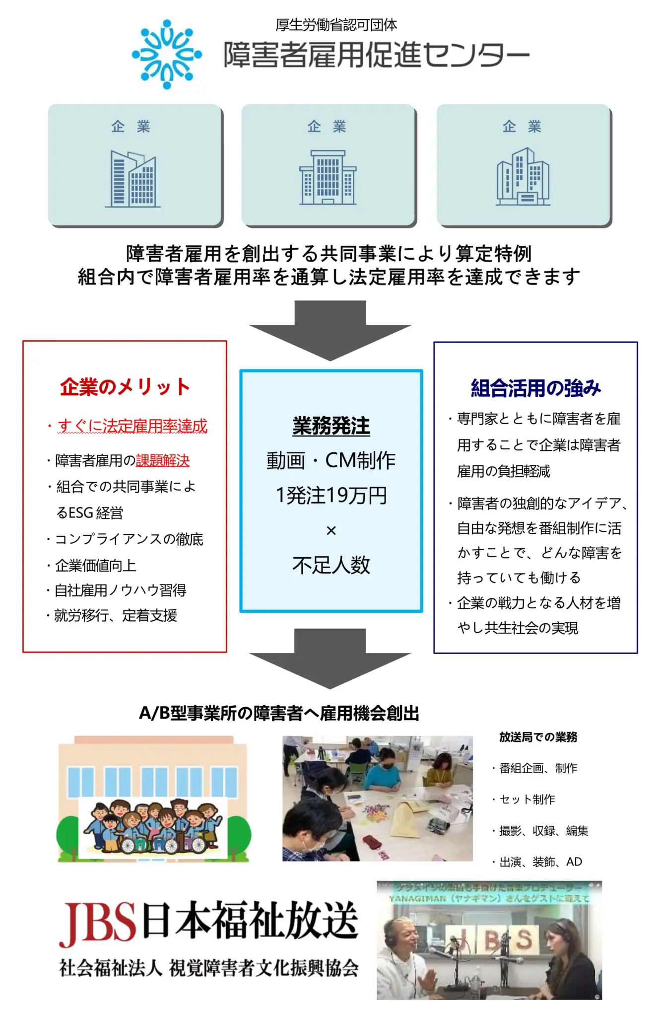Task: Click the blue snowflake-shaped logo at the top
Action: coord(167,54)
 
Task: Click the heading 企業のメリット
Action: coord(125,387)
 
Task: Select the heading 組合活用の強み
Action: coord(535,388)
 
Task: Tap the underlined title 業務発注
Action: coord(331,426)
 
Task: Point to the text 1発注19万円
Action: coord(331,495)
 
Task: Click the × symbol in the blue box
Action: coord(331,530)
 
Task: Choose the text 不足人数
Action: coord(331,565)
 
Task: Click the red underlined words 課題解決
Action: coord(163,461)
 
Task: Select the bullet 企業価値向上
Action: coord(95,565)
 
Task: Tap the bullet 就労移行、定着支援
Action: coord(115,616)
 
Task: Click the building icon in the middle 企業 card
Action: coord(328,177)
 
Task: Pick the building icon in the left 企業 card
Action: coord(133,179)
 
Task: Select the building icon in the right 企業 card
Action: coord(523,176)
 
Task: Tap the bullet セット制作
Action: coord(527,799)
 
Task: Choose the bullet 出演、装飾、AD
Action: coord(540,862)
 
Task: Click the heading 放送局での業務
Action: coord(538,737)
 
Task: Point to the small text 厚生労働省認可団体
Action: coord(336,24)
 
